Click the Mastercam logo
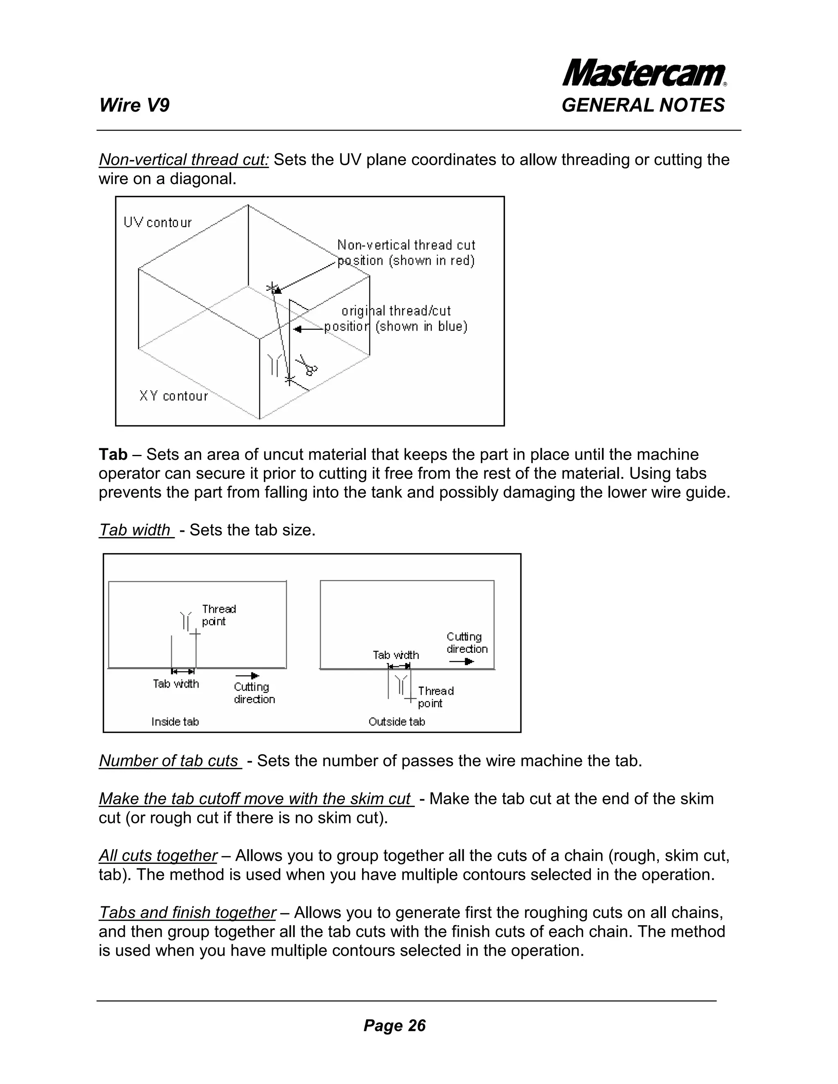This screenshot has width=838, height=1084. (x=644, y=74)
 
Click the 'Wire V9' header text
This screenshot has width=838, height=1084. (x=134, y=105)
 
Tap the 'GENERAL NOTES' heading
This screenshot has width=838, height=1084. (x=643, y=105)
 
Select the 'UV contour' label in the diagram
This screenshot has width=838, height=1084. (x=158, y=223)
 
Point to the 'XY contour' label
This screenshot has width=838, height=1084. (x=173, y=396)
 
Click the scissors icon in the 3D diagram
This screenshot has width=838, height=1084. (x=307, y=365)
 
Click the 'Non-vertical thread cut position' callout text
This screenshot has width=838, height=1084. (x=406, y=253)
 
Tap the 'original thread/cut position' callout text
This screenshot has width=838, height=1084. (x=396, y=318)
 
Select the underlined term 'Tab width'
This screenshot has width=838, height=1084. (x=135, y=530)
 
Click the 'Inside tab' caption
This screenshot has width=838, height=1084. (x=175, y=722)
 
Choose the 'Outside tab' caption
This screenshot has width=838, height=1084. (x=396, y=722)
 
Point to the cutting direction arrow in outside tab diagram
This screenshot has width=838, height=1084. (x=461, y=661)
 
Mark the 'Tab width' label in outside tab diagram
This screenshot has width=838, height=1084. (x=396, y=655)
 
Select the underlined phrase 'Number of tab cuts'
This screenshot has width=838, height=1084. (x=169, y=761)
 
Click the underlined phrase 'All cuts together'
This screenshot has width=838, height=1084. (x=158, y=856)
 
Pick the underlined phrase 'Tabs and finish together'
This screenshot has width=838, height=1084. (x=187, y=912)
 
